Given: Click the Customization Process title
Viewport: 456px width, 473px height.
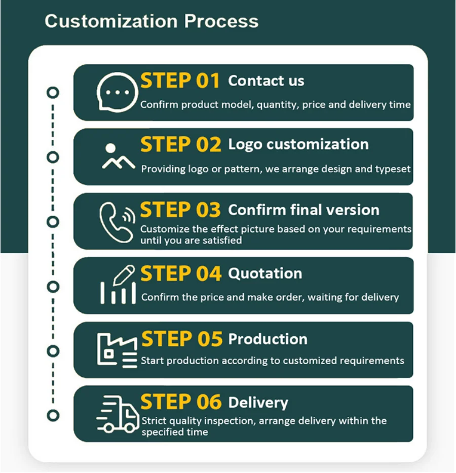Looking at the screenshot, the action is click(151, 21).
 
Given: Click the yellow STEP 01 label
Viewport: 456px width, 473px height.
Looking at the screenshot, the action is click(180, 81).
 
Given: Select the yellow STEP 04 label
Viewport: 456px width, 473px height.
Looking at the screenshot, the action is click(181, 273).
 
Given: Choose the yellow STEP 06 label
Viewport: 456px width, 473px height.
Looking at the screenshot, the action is click(181, 402).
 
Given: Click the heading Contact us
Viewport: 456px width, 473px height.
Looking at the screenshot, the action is click(266, 81).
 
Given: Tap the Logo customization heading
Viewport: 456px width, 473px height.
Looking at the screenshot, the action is click(298, 145).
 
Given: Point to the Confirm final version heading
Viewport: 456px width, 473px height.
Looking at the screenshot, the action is click(303, 210).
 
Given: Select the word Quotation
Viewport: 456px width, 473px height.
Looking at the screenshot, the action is click(265, 273).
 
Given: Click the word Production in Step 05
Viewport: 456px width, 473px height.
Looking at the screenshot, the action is click(268, 339).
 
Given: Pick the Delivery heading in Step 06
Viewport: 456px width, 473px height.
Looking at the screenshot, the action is click(258, 403).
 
